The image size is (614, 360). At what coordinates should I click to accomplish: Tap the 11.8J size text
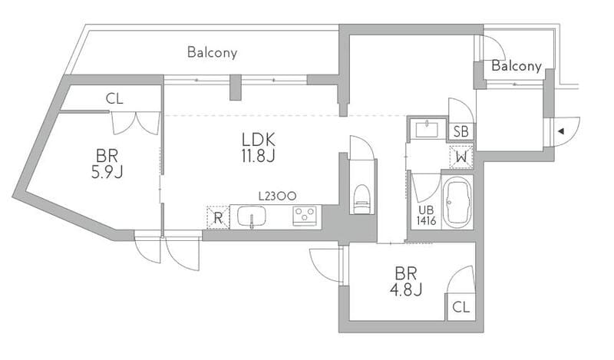pyautogui.click(x=258, y=156)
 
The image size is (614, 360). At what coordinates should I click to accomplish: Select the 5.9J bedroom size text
pyautogui.click(x=107, y=173)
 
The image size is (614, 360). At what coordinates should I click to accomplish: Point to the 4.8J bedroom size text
pyautogui.click(x=406, y=289)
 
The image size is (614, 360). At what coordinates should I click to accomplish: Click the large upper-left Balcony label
pyautogui.click(x=213, y=52)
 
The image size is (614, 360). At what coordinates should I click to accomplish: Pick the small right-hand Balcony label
pyautogui.click(x=517, y=66)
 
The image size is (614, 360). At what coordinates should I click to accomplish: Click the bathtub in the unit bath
pyautogui.click(x=457, y=203)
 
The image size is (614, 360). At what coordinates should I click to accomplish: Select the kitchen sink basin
pyautogui.click(x=252, y=216)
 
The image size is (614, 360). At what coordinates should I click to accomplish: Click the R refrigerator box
pyautogui.click(x=218, y=217)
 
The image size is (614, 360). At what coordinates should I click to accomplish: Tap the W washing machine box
pyautogui.click(x=461, y=157)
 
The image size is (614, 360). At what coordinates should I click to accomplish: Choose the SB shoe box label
pyautogui.click(x=461, y=131)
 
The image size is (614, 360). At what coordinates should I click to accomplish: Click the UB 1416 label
pyautogui.click(x=426, y=216)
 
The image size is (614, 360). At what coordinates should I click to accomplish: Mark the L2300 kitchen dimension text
pyautogui.click(x=277, y=196)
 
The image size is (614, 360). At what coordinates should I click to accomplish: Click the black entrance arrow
pyautogui.click(x=561, y=131)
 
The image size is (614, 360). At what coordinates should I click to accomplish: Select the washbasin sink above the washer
pyautogui.click(x=427, y=129)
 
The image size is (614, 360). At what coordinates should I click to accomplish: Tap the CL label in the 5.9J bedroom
pyautogui.click(x=114, y=98)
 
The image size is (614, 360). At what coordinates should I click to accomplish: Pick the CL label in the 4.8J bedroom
pyautogui.click(x=461, y=307)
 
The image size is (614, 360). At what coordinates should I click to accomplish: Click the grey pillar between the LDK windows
pyautogui.click(x=235, y=87)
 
